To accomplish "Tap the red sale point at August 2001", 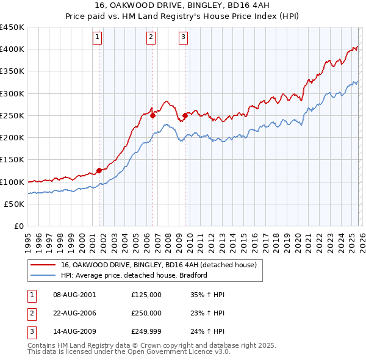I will click(x=99, y=171).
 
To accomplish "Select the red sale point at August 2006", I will click(x=152, y=115).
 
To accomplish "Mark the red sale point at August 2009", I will click(x=185, y=115).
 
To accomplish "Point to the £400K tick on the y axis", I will click(x=12, y=49).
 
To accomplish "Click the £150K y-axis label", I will click(x=12, y=160).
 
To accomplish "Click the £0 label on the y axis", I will click(x=18, y=226).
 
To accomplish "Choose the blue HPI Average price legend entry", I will click(x=134, y=276).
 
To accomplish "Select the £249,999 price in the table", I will click(x=146, y=333).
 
